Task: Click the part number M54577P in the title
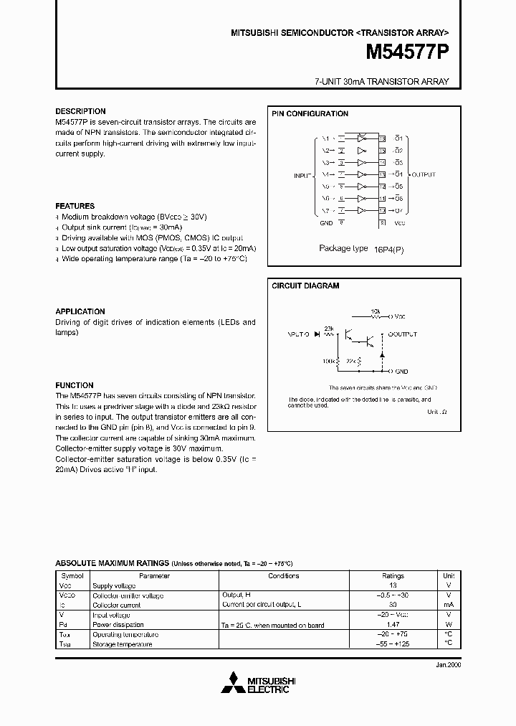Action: click(x=408, y=52)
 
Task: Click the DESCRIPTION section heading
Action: click(x=80, y=111)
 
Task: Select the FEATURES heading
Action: click(x=75, y=206)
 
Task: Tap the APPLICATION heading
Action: click(x=80, y=311)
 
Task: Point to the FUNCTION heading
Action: click(x=75, y=385)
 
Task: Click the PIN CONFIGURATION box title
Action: click(x=310, y=114)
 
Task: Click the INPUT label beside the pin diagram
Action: click(x=303, y=174)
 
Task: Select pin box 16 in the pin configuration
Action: click(x=382, y=138)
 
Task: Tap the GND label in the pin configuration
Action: click(x=326, y=222)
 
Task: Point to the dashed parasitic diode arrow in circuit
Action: click(x=381, y=354)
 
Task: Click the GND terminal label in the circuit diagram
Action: click(x=402, y=372)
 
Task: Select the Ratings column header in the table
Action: click(x=393, y=575)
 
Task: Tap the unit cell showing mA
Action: click(x=448, y=605)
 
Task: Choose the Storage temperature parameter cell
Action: click(x=123, y=644)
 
